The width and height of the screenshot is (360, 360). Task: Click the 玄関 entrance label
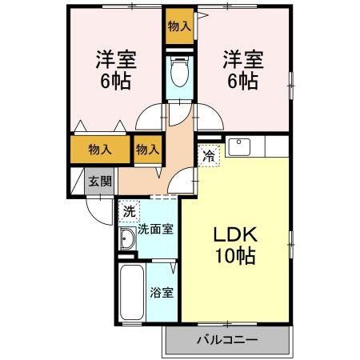(x=99, y=181)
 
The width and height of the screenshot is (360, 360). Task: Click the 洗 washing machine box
(x=129, y=212)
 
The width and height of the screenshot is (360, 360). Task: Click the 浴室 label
(x=162, y=292)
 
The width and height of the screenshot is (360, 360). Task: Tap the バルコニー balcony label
(x=227, y=340)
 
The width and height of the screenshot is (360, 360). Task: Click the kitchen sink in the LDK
(x=240, y=147)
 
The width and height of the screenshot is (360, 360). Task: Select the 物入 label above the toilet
(x=179, y=26)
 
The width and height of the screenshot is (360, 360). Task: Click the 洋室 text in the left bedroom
(x=115, y=59)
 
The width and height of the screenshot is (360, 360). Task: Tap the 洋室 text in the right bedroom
(x=242, y=59)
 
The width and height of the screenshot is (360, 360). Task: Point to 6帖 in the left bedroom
(x=115, y=82)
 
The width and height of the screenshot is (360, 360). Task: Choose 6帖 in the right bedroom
(x=242, y=82)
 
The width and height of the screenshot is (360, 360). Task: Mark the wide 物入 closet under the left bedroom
(x=99, y=149)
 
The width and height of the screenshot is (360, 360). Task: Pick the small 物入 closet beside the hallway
(x=147, y=149)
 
